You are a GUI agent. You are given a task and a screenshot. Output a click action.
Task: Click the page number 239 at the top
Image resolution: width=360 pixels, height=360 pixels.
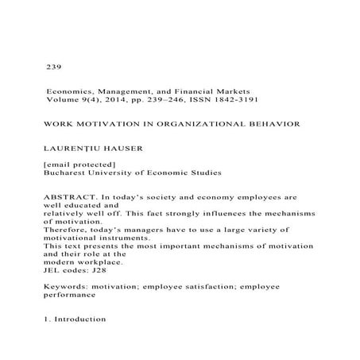(55, 67)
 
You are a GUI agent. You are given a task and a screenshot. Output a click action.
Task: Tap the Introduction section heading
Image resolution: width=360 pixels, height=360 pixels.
(83, 319)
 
